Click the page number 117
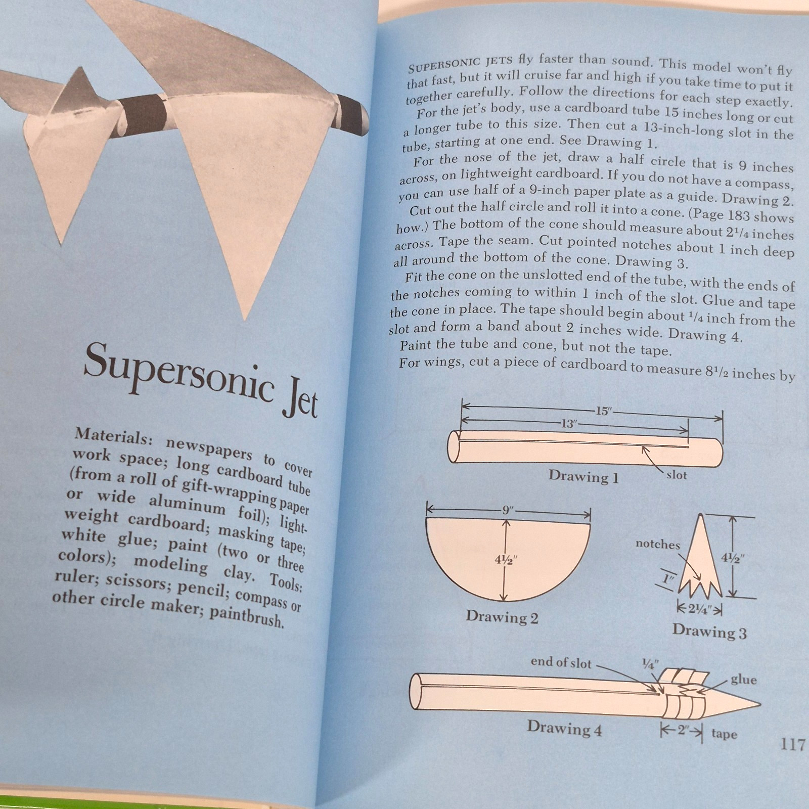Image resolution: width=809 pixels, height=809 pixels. [x=792, y=744]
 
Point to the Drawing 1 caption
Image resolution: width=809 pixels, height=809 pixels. [x=583, y=476]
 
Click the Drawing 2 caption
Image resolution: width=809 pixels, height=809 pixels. [x=502, y=617]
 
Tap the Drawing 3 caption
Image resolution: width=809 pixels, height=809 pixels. [x=709, y=632]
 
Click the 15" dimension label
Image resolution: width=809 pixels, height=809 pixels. [x=603, y=411]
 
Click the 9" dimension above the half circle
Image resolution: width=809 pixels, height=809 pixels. [x=507, y=510]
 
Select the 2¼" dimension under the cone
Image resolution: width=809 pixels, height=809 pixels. [x=699, y=609]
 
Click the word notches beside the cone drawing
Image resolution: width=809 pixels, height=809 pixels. [x=658, y=544]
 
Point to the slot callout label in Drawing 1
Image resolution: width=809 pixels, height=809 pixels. [x=677, y=475]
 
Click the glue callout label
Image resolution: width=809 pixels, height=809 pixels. [x=743, y=679]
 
